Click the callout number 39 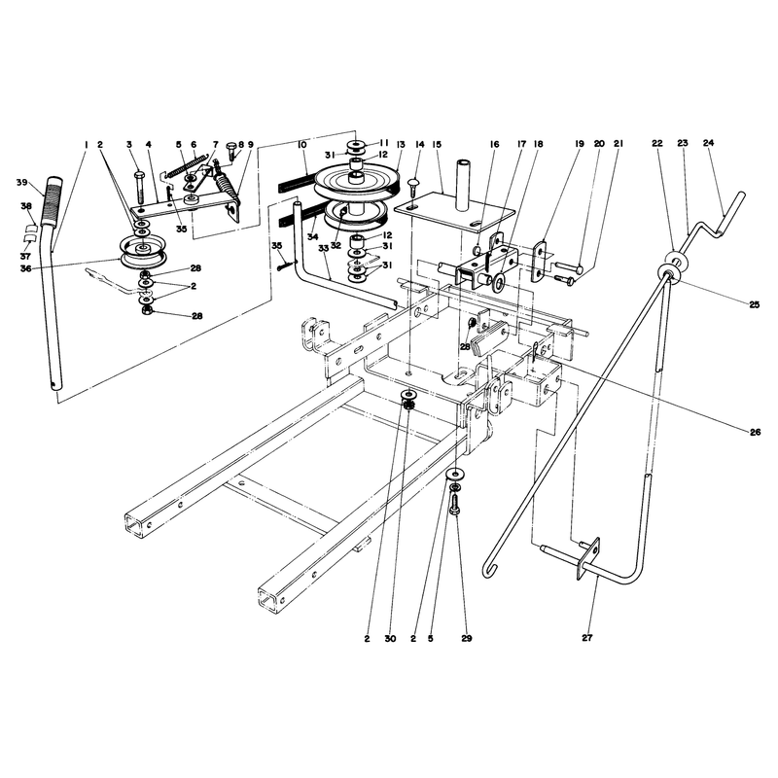(x=21, y=183)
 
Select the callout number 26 (x=755, y=432)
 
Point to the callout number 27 (x=587, y=638)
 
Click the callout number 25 (x=755, y=305)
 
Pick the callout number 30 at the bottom (x=391, y=639)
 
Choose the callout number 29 (x=467, y=639)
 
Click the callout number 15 (x=437, y=144)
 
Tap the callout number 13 (x=401, y=144)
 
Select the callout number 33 (x=324, y=249)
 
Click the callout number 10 (x=302, y=144)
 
